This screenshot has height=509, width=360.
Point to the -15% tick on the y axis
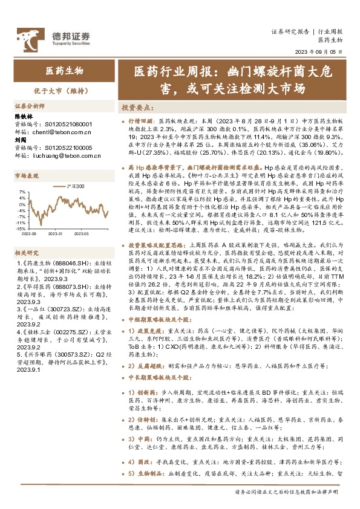point(21,229)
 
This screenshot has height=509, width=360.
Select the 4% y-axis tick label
point(22,193)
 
